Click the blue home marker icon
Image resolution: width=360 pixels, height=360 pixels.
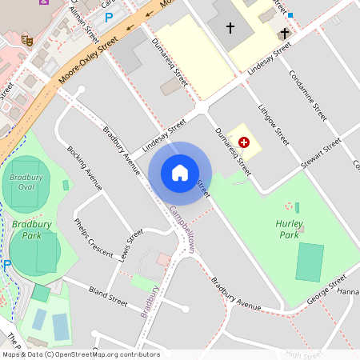[180, 173]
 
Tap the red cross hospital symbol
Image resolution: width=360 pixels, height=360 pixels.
[244, 142]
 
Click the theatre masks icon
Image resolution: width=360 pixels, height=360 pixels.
[26, 38]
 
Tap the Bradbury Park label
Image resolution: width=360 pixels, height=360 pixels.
[26, 230]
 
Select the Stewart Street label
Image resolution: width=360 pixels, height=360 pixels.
[322, 151]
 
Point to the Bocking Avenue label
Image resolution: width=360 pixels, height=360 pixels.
[85, 168]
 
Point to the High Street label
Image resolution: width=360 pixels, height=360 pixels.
[303, 354]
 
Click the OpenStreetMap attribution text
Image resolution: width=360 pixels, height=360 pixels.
[80, 354]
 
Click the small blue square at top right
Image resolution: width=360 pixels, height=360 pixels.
[290, 15]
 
